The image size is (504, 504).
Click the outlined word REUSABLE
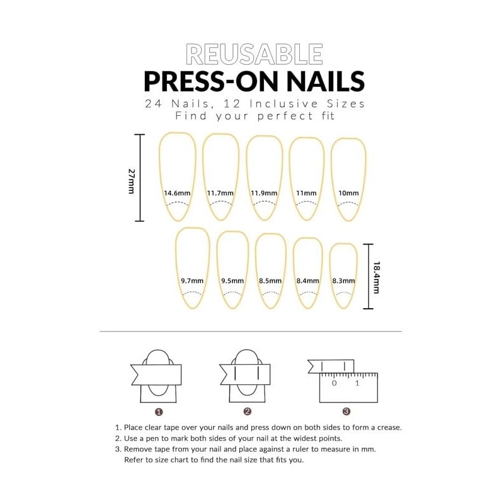point(254,55)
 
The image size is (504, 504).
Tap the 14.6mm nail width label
point(176,193)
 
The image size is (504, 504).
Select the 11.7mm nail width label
point(220,193)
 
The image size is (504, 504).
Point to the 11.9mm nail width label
point(264,193)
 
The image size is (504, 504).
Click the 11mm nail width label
point(307,193)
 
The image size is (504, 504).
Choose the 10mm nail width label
point(348,193)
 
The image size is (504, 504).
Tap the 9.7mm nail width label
point(192,281)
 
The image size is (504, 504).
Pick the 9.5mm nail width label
point(232,281)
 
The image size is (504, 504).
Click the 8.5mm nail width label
point(270,281)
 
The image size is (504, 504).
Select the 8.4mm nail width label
point(308,281)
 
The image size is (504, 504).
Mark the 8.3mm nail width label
point(343,281)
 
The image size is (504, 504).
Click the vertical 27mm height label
point(132,181)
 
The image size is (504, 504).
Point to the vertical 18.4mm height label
point(376,277)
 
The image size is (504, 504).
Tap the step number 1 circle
point(159,411)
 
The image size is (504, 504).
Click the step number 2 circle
point(248,411)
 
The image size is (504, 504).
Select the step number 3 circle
point(346,411)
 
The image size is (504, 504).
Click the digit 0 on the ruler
point(334,383)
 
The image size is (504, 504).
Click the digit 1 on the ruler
point(357,383)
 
